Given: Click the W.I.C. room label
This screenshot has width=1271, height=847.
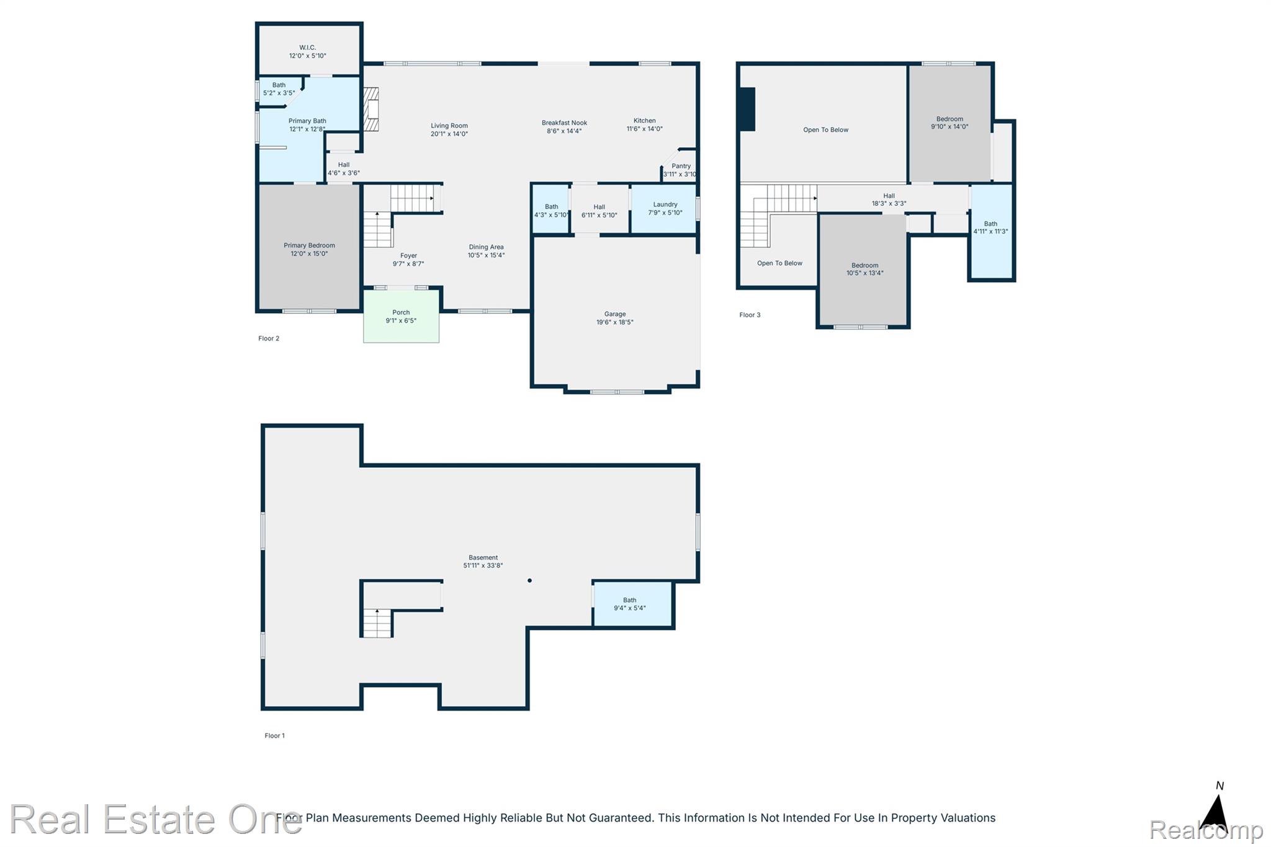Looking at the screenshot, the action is [307, 47].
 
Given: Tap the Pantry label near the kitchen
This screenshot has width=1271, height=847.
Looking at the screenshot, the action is [681, 166].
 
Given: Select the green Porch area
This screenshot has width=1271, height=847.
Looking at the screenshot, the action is [401, 316].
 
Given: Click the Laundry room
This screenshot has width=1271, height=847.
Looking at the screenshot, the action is [663, 208].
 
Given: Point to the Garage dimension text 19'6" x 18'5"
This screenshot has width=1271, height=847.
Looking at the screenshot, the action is [614, 322].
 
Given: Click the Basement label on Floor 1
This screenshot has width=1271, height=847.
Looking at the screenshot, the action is [483, 557].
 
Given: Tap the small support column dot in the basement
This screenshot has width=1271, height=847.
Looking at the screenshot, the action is [529, 581].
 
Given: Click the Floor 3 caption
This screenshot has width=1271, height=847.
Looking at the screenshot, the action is [750, 315].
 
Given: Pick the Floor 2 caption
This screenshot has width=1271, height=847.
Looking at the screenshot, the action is [269, 338].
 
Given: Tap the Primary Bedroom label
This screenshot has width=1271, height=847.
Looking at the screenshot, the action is [309, 245].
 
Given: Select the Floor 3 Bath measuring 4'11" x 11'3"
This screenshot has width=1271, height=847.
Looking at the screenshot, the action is [991, 231].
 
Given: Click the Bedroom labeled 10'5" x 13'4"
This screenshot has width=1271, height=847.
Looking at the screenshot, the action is [863, 270].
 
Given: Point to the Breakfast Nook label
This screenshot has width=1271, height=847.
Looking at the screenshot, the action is [564, 123].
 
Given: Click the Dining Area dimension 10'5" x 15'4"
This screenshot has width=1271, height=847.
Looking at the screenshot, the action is [486, 255].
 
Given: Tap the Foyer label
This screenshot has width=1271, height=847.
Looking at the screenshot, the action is [408, 255].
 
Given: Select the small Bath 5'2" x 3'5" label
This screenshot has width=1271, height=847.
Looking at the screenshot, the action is [279, 89].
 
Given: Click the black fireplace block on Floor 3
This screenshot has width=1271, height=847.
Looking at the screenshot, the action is [747, 109].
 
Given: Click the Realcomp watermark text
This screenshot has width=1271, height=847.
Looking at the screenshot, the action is [1206, 830].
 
